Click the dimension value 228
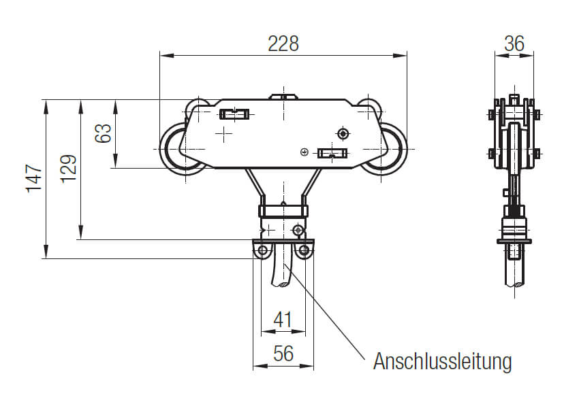283,44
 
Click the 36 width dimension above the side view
514,44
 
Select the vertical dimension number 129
68,169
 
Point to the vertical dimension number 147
34,179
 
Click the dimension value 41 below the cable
283,319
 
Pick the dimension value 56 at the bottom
283,354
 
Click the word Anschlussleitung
441,362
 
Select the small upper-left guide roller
198,107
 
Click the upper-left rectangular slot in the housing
235,114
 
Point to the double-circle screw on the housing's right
343,132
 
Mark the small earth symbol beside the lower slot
304,151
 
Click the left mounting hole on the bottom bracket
262,252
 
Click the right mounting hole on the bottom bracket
304,252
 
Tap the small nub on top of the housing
283,97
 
